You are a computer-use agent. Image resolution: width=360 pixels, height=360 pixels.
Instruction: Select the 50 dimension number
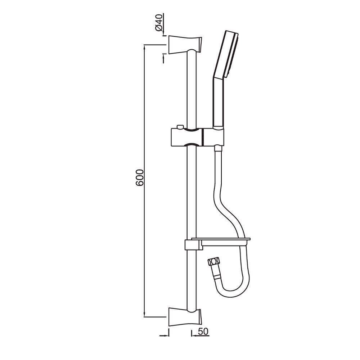tap(203, 332)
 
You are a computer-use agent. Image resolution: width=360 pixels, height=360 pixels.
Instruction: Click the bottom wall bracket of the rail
tap(185, 316)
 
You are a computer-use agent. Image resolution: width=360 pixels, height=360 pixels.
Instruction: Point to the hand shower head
tap(226, 54)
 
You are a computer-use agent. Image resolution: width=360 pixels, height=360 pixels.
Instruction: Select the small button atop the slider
tap(179, 127)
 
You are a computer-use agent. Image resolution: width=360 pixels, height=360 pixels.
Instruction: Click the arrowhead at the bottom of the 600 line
tap(145, 315)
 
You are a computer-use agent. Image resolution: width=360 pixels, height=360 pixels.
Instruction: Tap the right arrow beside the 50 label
tap(193, 335)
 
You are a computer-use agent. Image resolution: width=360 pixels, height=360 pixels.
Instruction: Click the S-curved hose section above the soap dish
tap(225, 202)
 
